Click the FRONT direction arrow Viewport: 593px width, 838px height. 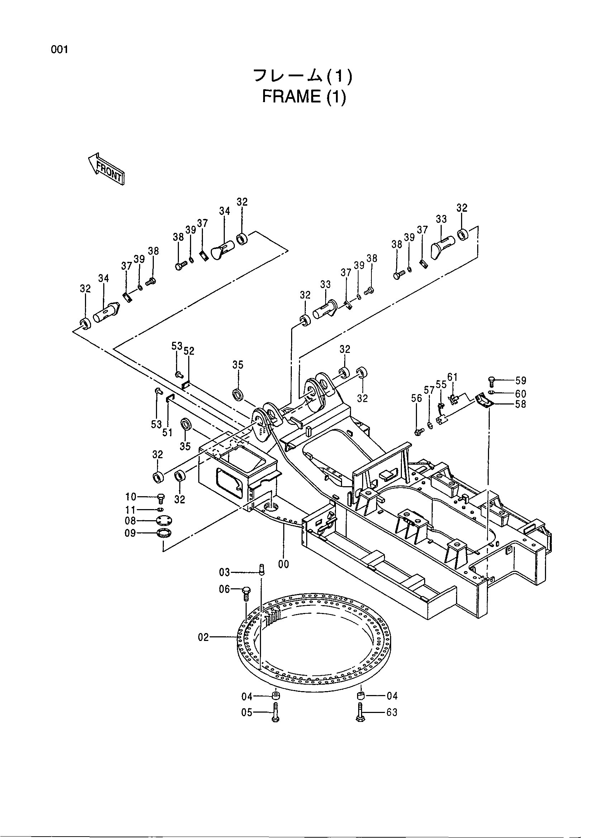coord(106,169)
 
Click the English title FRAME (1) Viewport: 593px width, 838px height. coord(304,97)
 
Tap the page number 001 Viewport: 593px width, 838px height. coord(60,50)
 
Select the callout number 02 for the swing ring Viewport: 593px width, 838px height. coord(203,637)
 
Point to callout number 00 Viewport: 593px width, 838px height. coord(283,565)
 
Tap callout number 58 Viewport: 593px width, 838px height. coord(521,404)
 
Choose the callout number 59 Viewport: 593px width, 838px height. coord(521,381)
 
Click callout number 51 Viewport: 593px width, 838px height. coord(167,432)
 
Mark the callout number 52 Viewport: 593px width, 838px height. coord(189,351)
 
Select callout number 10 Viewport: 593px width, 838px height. coord(131,497)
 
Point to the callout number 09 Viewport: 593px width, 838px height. coord(131,533)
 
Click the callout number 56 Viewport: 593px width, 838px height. coord(417,398)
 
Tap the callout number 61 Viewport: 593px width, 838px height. coord(452,377)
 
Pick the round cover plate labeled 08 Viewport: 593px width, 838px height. coord(164,521)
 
